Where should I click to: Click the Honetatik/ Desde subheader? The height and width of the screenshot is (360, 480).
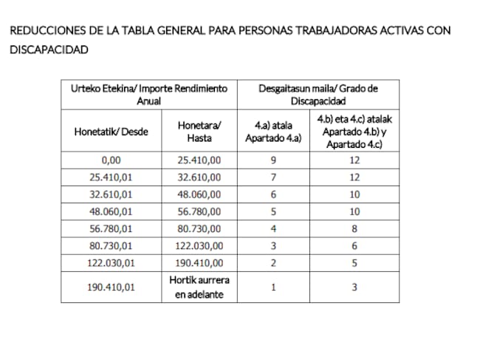pyautogui.click(x=111, y=132)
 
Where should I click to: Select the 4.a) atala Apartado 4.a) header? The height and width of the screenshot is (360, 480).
pyautogui.click(x=273, y=132)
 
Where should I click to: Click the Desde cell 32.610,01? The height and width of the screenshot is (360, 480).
pyautogui.click(x=111, y=194)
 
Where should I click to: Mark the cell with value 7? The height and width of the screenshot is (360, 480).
pyautogui.click(x=273, y=177)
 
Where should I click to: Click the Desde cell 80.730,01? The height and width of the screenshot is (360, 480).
pyautogui.click(x=111, y=245)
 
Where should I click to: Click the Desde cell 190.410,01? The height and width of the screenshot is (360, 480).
pyautogui.click(x=111, y=288)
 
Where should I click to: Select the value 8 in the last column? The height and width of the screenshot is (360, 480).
pyautogui.click(x=355, y=228)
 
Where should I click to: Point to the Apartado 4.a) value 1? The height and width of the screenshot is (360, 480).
pyautogui.click(x=273, y=288)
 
